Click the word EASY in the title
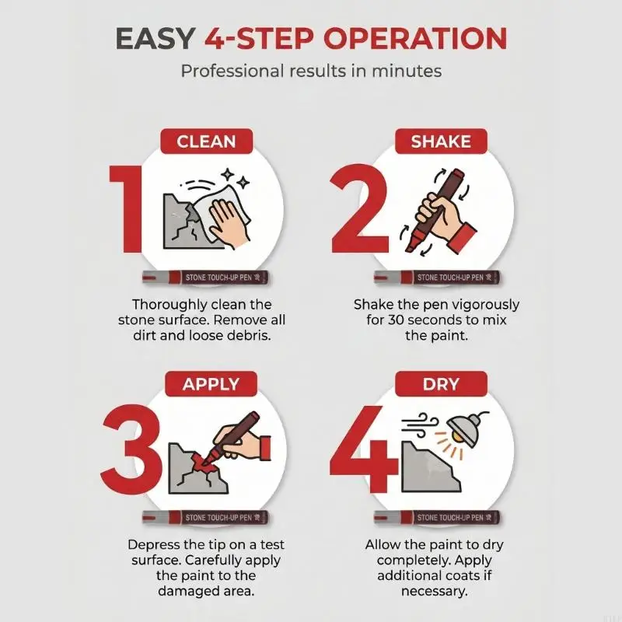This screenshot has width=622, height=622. (155, 39)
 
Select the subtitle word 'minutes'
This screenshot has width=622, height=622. (407, 72)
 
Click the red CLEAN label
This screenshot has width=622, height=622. (206, 142)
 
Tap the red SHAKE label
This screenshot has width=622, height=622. (441, 142)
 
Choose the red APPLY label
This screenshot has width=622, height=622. (211, 384)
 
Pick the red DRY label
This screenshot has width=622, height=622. (441, 384)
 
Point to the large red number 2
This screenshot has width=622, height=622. (359, 208)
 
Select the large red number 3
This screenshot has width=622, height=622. (131, 449)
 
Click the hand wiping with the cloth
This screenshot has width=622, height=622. (229, 222)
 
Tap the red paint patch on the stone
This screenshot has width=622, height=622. (205, 462)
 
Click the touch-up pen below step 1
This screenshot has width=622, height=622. (205, 278)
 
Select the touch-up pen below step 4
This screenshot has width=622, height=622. (437, 517)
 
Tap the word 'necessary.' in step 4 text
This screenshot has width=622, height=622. (435, 592)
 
